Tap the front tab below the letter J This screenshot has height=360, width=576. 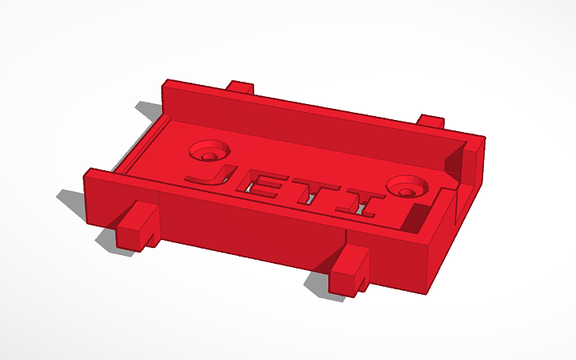(x=138, y=224)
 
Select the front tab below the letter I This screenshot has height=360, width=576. (x=350, y=267)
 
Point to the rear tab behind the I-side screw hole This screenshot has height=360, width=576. (x=430, y=122)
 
